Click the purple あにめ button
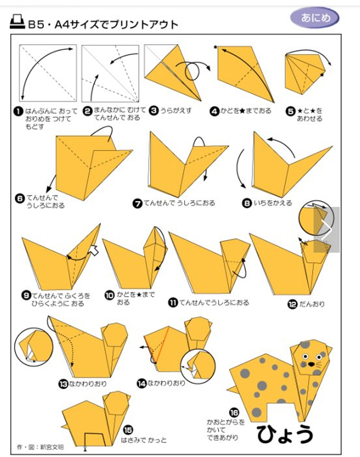coord(315,17)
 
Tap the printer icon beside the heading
coord(17,22)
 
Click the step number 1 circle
coord(19,112)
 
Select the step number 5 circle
coord(291,111)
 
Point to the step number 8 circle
coord(247,203)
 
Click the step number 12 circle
coord(293,304)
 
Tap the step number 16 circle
coord(234,413)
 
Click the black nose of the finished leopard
coord(312,364)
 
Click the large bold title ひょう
coord(285,434)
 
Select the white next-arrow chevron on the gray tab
coord(327,230)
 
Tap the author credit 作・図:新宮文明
coord(40,447)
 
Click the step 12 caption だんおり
coord(312,304)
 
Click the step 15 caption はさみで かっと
coord(143,440)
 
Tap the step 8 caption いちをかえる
coord(273,203)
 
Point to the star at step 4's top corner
coord(215,47)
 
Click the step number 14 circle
coord(141,383)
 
